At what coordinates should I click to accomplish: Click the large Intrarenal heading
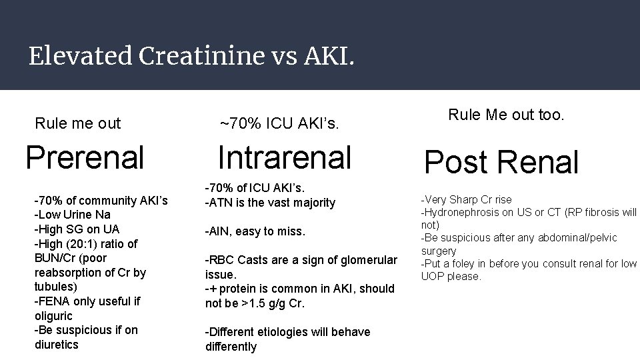tap(284, 157)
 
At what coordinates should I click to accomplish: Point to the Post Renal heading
tap(502, 162)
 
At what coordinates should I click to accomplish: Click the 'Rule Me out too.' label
tap(506, 115)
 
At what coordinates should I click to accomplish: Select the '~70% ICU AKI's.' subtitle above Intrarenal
tap(279, 123)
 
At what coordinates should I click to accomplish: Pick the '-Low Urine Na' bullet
tap(73, 215)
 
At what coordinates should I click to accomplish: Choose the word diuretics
tap(57, 345)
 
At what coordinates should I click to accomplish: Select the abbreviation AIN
tap(221, 232)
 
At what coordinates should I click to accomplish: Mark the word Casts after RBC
tap(250, 260)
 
